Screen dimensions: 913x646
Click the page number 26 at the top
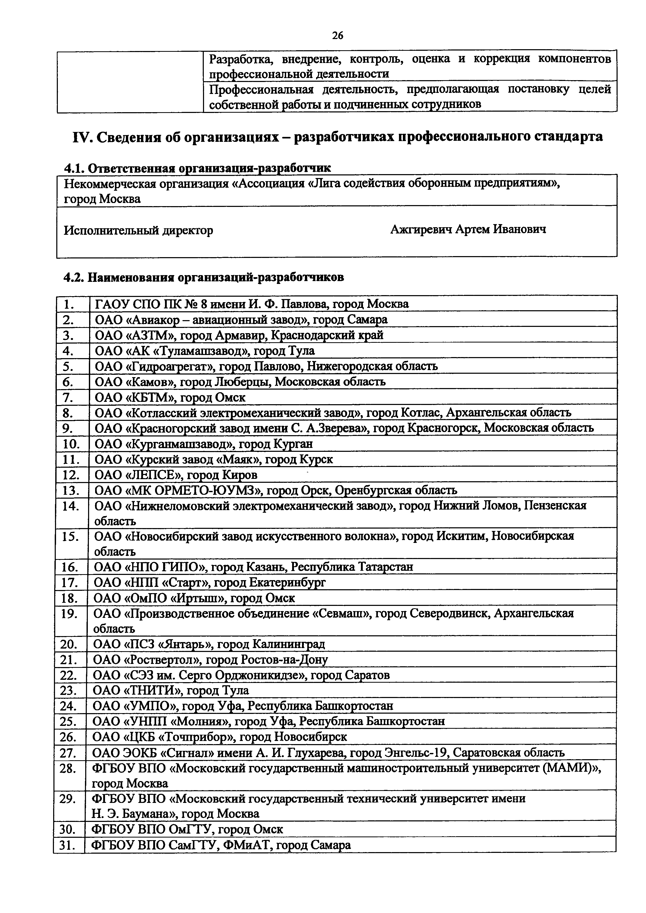[337, 36]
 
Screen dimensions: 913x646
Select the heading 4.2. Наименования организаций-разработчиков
[204, 277]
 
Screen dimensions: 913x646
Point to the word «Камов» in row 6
[149, 382]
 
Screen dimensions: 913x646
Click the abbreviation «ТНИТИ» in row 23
[151, 690]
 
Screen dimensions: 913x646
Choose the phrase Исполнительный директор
[139, 231]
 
